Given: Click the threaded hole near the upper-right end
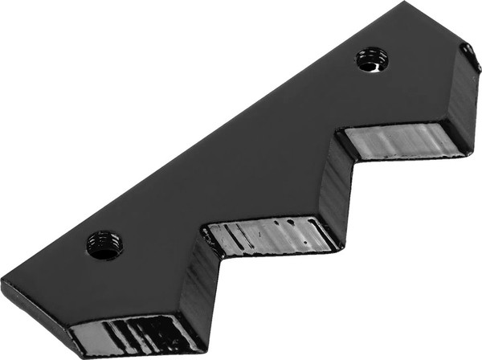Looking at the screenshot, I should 372,59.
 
